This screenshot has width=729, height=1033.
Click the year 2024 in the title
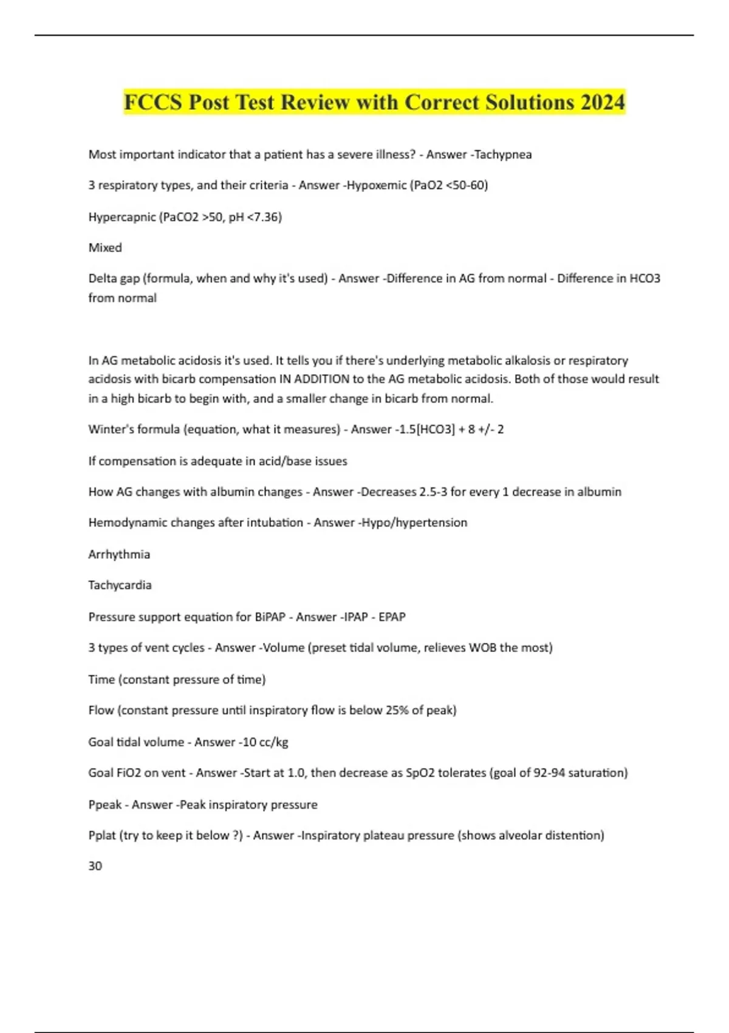pyautogui.click(x=602, y=102)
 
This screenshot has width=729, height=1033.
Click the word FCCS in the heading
pyautogui.click(x=153, y=102)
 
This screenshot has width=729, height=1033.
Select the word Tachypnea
pyautogui.click(x=502, y=154)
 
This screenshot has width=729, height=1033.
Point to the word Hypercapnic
pyautogui.click(x=122, y=217)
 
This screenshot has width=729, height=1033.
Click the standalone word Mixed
pyautogui.click(x=105, y=247)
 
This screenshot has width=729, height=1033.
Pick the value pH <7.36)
pyautogui.click(x=255, y=217)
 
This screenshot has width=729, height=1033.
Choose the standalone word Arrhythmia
pyautogui.click(x=119, y=554)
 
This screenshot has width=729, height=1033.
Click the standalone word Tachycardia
pyautogui.click(x=120, y=585)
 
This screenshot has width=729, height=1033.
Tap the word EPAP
pyautogui.click(x=392, y=617)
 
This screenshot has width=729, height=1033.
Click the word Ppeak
pyautogui.click(x=104, y=805)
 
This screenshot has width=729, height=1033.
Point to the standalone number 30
pyautogui.click(x=95, y=866)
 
